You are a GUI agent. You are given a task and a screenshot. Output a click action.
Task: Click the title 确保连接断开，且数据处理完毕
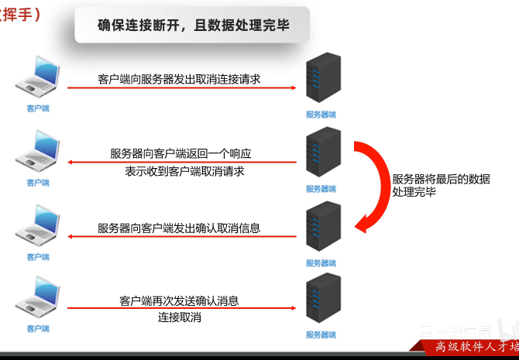coord(194,25)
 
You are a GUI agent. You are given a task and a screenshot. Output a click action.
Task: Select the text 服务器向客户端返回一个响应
coord(181,153)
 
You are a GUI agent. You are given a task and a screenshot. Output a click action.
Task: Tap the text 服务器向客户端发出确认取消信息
coord(179,228)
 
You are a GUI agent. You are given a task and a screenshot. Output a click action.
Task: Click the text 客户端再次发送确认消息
coord(179,300)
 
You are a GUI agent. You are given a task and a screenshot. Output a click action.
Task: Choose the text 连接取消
coord(180,317)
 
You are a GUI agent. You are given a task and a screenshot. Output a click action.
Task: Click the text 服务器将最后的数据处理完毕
coord(441,184)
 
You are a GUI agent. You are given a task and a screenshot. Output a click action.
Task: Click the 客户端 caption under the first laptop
coord(37,109)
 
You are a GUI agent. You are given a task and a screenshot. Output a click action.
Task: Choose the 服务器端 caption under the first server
coord(321,115)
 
